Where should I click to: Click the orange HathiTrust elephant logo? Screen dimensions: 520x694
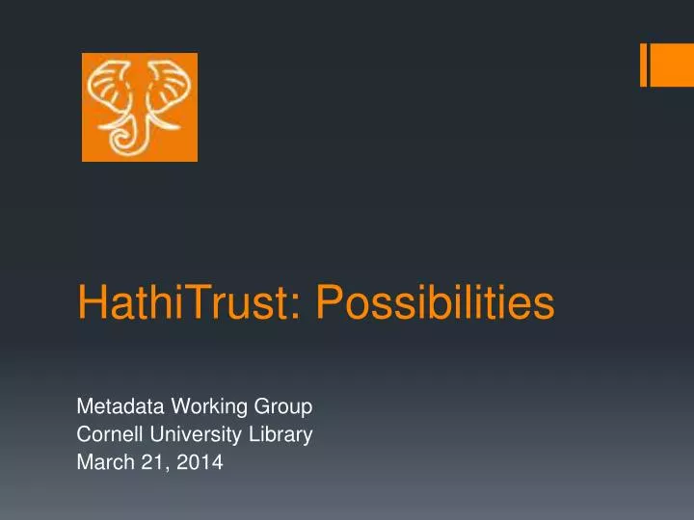139,107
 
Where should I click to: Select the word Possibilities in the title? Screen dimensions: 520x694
436,305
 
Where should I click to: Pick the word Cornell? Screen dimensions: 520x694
107,434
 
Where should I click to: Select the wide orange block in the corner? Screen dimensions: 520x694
673,65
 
